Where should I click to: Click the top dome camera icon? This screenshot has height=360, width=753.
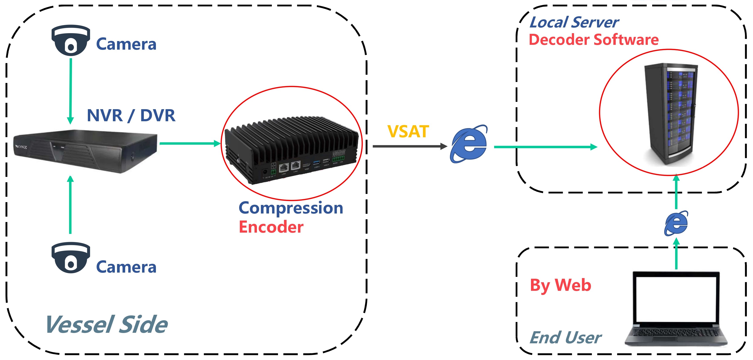pos(70,40)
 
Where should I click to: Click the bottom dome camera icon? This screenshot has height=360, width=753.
pos(70,258)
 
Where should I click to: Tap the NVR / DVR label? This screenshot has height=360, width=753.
pos(131,115)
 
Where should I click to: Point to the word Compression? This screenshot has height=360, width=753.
pos(291,208)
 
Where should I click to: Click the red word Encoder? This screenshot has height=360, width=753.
pos(271,227)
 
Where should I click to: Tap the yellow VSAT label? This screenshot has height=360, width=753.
pos(408,131)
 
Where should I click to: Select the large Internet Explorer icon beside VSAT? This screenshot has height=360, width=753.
pos(469,144)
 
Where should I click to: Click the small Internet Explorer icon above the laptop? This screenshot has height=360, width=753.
pos(676,223)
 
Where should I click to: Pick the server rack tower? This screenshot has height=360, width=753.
pos(671,114)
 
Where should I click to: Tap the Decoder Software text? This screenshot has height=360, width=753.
pos(594,40)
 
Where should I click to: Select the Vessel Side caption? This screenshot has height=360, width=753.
pos(107,324)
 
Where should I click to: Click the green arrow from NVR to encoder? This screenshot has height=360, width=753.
pos(190,143)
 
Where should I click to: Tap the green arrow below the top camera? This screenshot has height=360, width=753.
pos(70,91)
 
